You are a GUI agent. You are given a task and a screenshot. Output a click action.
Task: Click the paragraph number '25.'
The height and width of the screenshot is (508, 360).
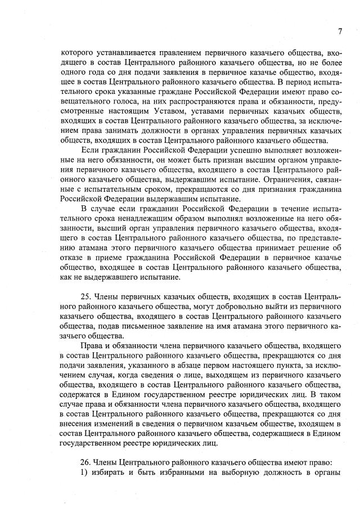click(88, 296)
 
